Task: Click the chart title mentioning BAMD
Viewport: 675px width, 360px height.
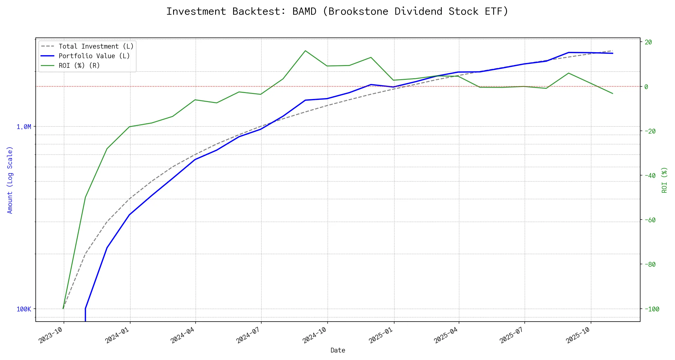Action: pyautogui.click(x=337, y=11)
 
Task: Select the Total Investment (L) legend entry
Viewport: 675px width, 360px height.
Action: pyautogui.click(x=96, y=46)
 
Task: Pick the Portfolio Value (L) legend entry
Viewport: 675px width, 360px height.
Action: pyautogui.click(x=94, y=56)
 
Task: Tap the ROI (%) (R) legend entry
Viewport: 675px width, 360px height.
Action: pyautogui.click(x=79, y=66)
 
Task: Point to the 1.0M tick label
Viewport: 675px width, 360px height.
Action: pyautogui.click(x=24, y=127)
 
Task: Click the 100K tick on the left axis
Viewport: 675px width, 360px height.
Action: pyautogui.click(x=24, y=309)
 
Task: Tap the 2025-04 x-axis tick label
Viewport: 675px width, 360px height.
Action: pyautogui.click(x=446, y=335)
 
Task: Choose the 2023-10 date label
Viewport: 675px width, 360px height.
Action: pyautogui.click(x=51, y=335)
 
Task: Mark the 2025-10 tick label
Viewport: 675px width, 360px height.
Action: pyautogui.click(x=578, y=335)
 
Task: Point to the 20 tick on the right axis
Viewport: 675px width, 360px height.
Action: pyautogui.click(x=648, y=42)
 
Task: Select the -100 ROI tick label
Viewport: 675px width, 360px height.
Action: pyautogui.click(x=652, y=309)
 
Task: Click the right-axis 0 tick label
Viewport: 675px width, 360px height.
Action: pyautogui.click(x=646, y=87)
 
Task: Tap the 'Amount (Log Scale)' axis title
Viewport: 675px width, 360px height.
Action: pyautogui.click(x=10, y=180)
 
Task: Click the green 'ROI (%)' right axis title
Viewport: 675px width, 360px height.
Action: pyautogui.click(x=664, y=180)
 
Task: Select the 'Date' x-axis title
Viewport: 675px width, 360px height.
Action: pyautogui.click(x=338, y=350)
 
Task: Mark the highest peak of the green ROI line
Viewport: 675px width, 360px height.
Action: pyautogui.click(x=305, y=51)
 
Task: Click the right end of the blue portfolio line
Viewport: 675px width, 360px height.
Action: pyautogui.click(x=613, y=53)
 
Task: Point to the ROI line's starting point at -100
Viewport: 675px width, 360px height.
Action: pyautogui.click(x=63, y=308)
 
